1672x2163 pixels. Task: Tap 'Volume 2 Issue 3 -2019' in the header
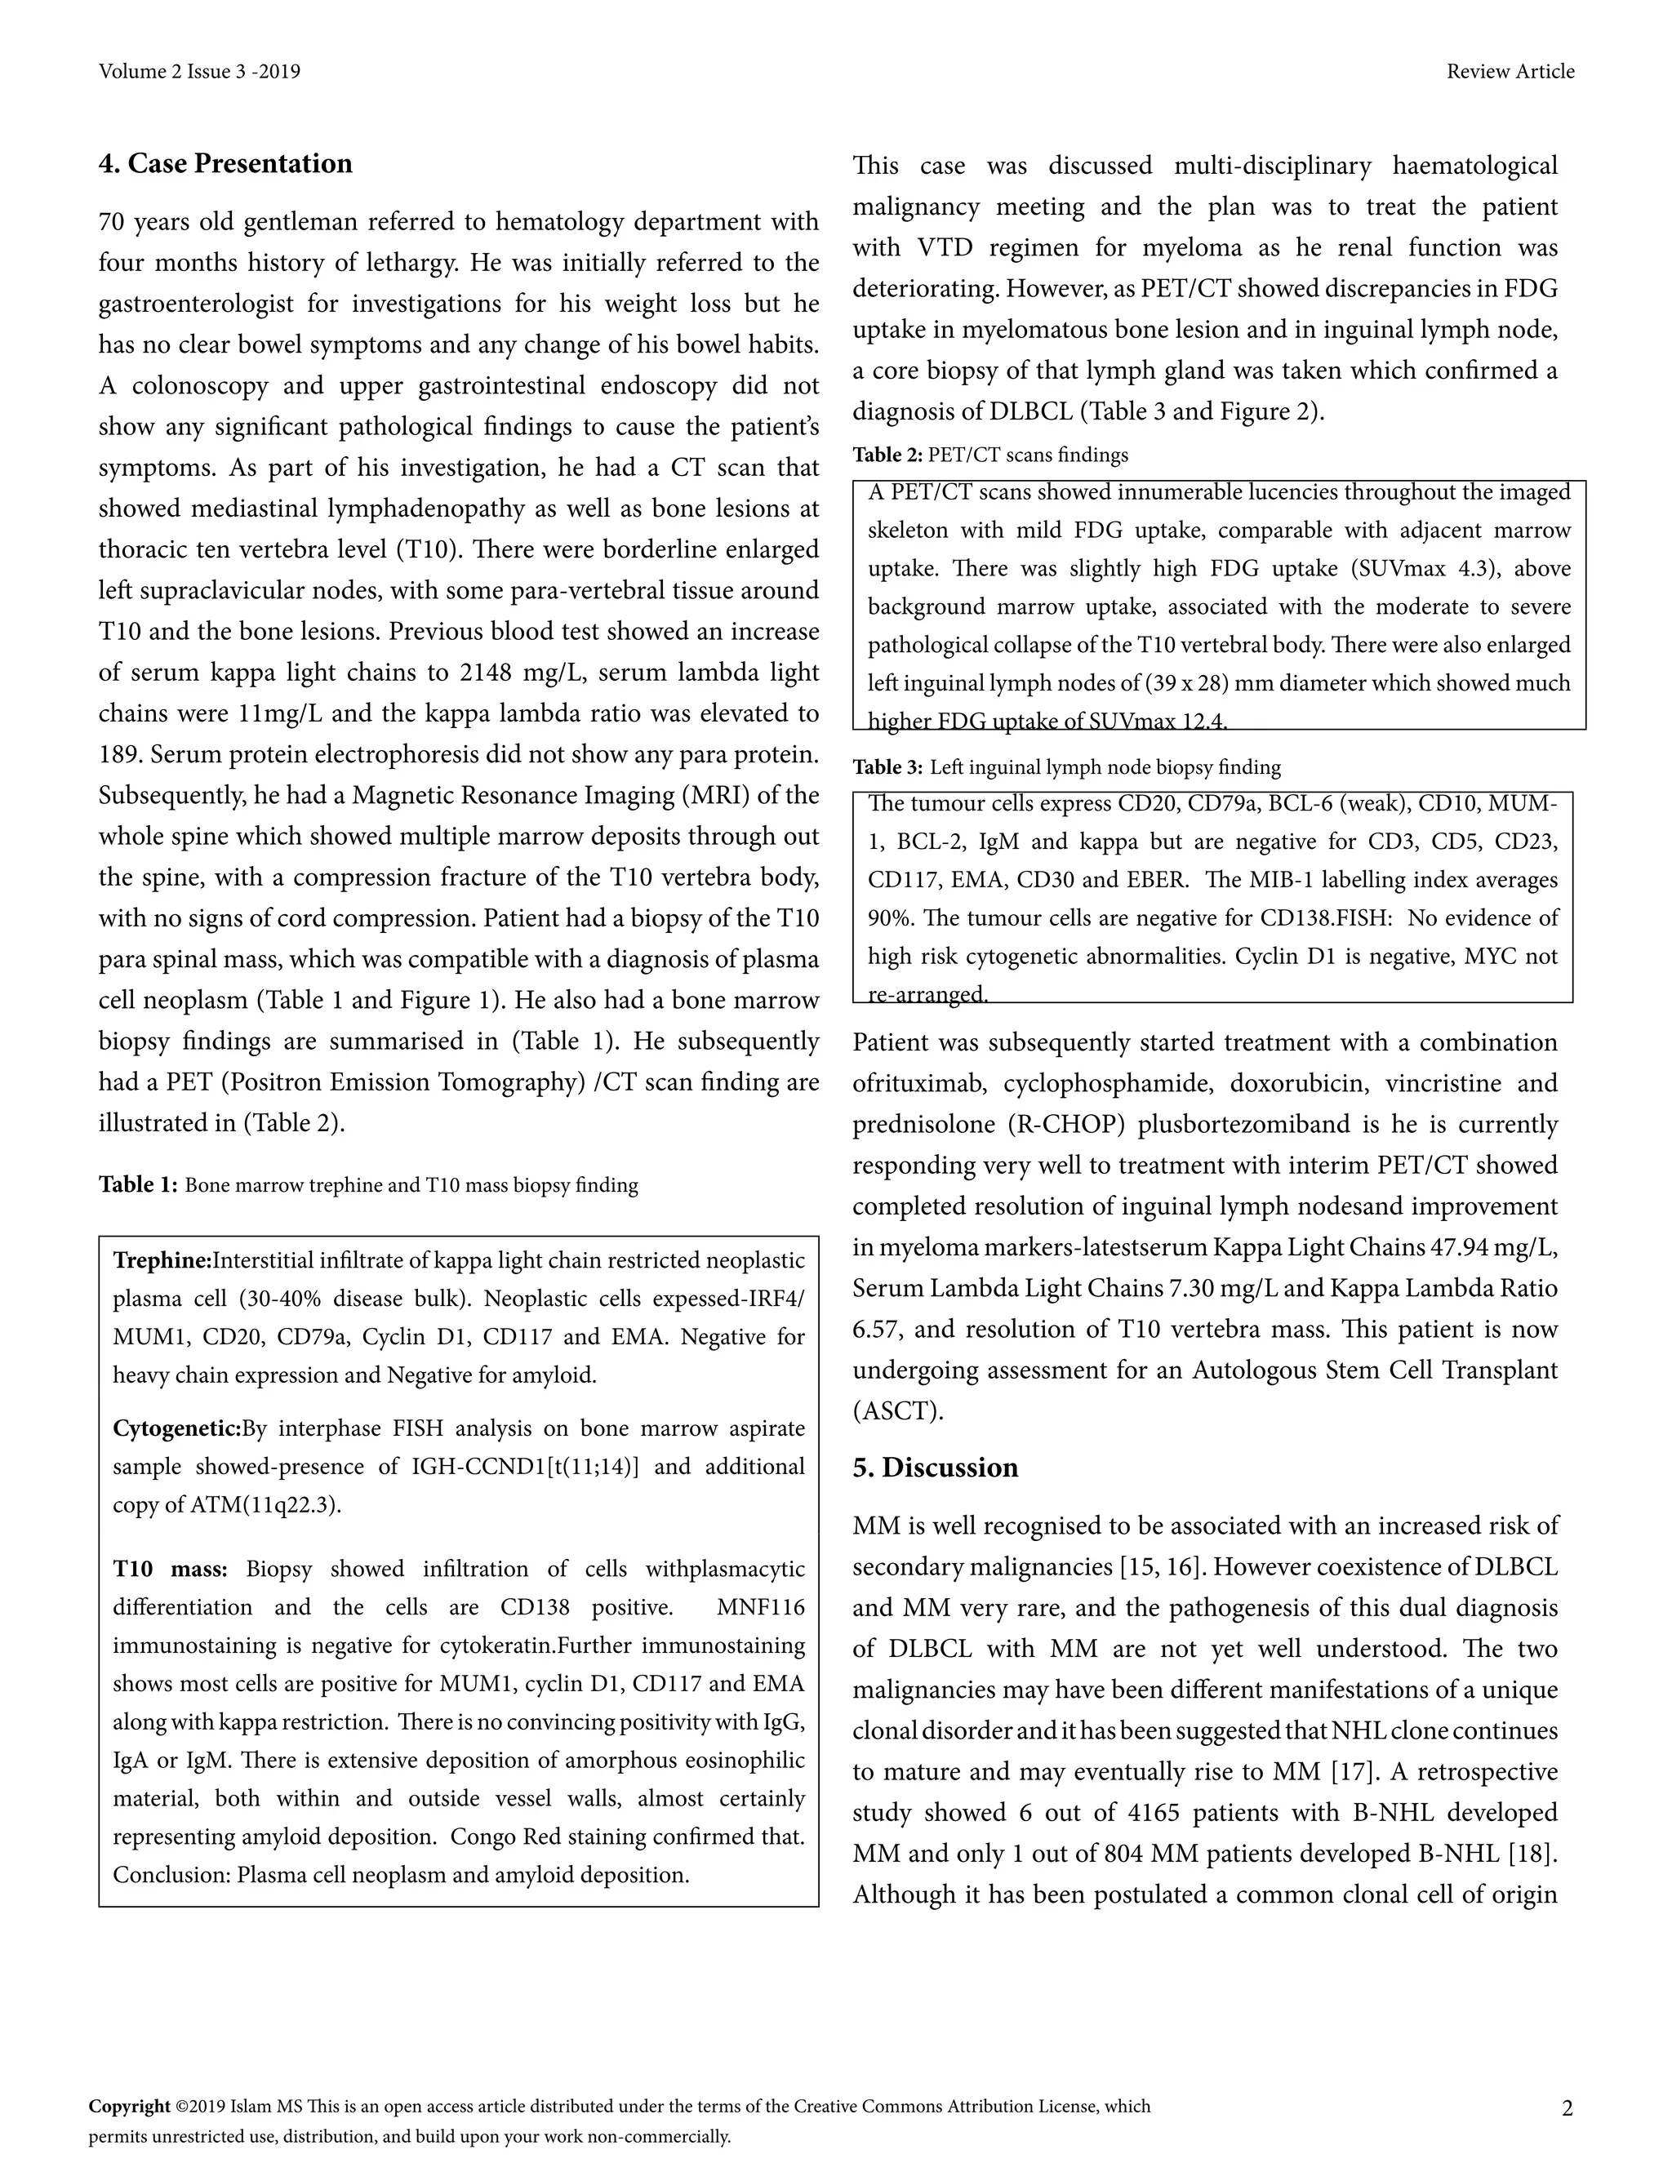click(199, 71)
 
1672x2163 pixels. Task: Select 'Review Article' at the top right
click(1510, 71)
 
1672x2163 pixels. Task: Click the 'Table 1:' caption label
click(138, 1185)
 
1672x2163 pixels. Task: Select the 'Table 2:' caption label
click(887, 455)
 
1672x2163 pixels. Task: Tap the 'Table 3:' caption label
click(887, 767)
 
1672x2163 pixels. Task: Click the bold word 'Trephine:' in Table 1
click(162, 1261)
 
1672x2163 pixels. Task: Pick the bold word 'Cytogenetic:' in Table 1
click(176, 1428)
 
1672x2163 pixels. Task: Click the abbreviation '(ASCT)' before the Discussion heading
click(897, 1410)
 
